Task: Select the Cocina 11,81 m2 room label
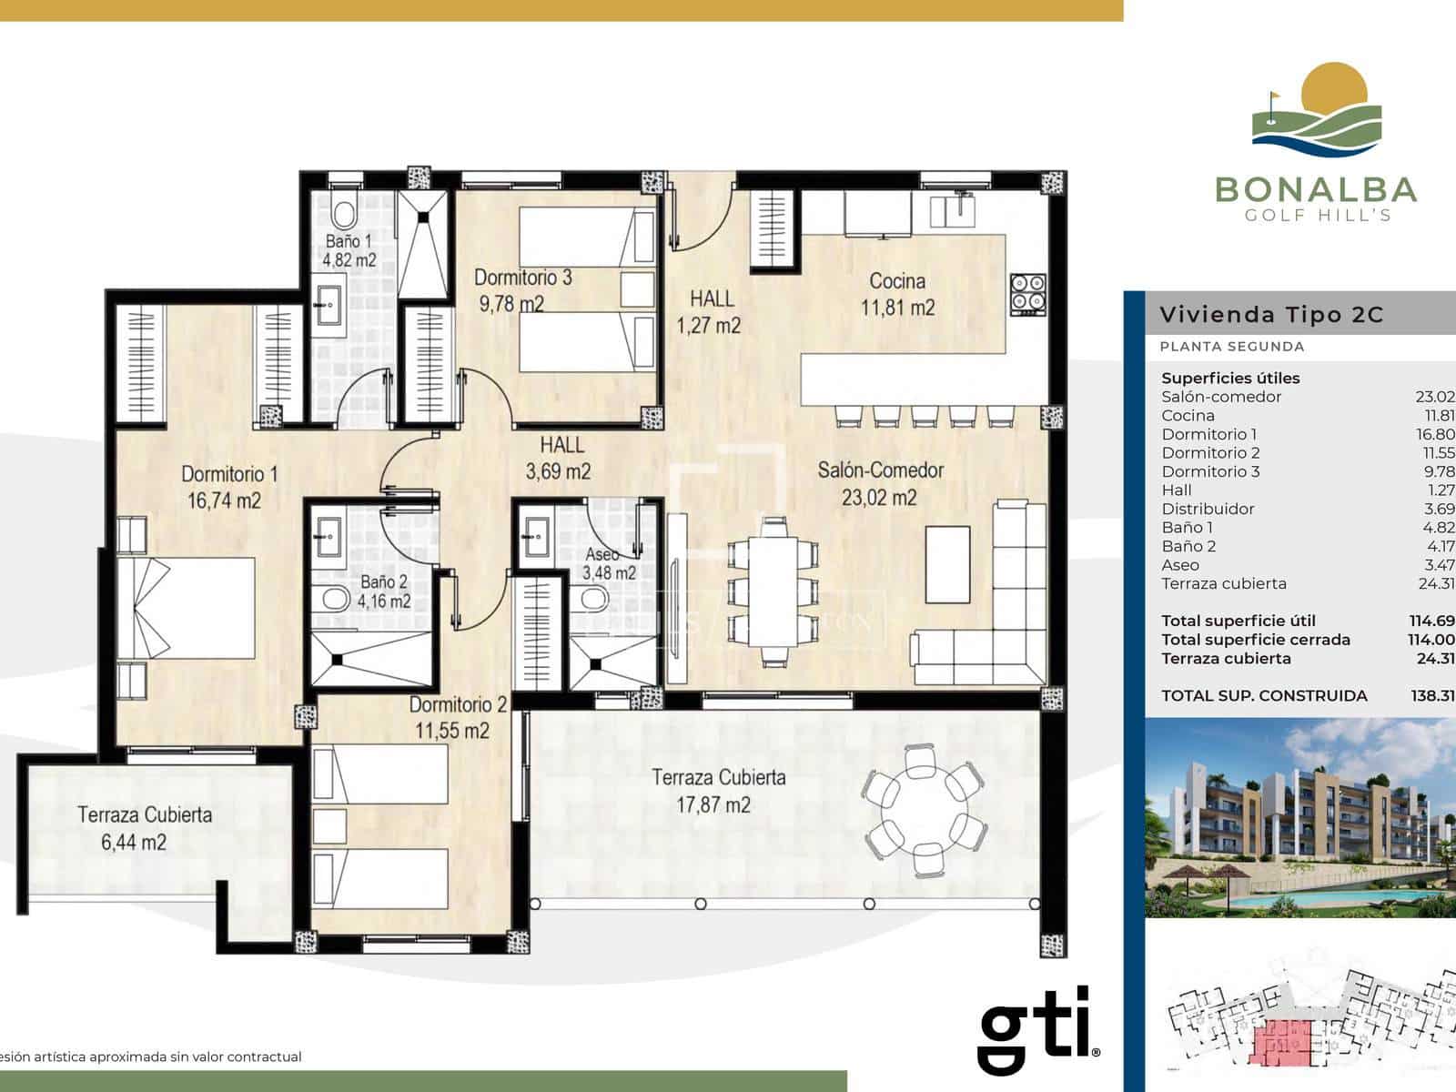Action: pos(897,294)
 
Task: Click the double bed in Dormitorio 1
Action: pos(187,607)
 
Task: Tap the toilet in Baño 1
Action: pos(343,215)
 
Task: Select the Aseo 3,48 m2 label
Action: pos(608,563)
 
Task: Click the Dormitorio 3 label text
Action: pos(522,278)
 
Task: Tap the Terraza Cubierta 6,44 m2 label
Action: pos(144,828)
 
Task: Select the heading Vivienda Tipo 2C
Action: pos(1270,315)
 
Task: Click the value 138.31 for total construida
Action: pos(1432,695)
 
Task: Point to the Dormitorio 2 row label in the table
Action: pos(1210,452)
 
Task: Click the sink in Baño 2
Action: pos(327,533)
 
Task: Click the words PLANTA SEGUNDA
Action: pos(1231,346)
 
